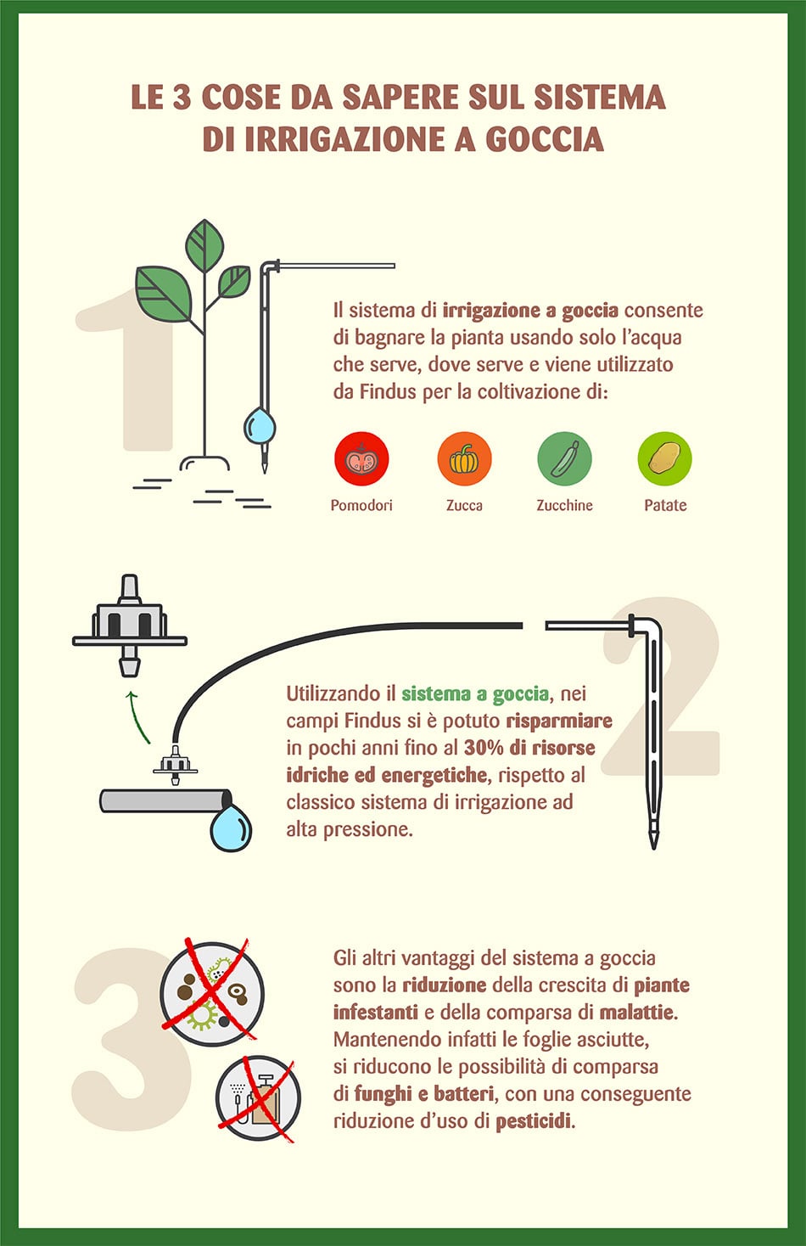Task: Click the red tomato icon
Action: (361, 459)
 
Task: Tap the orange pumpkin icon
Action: (464, 459)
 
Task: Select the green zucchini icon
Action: (564, 459)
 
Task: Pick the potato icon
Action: (664, 459)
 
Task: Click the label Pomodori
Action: (361, 505)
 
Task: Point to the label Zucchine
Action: (564, 505)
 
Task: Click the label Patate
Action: (665, 505)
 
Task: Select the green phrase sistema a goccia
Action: (475, 694)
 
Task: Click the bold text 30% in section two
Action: (484, 748)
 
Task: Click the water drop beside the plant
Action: (260, 426)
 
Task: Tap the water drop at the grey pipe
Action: (231, 829)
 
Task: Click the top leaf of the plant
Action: (204, 244)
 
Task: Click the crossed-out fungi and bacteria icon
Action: (212, 991)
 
